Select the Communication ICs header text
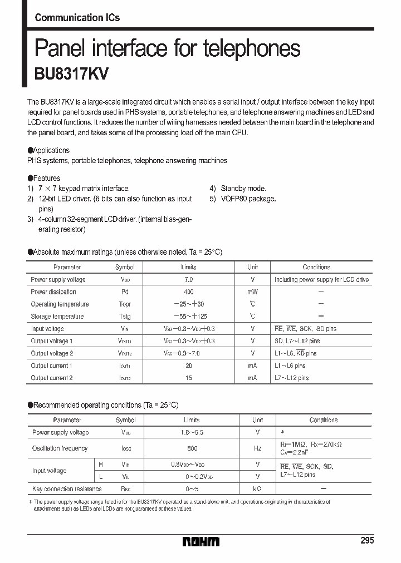click(77, 18)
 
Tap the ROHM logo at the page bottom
click(201, 541)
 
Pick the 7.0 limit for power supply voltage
click(189, 280)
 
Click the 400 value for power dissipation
click(189, 292)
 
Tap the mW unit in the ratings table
click(253, 292)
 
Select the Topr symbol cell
click(125, 304)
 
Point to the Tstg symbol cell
click(125, 317)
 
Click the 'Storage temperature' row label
click(57, 317)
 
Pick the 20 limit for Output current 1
click(189, 366)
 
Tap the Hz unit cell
click(257, 448)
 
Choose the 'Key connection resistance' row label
click(67, 489)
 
